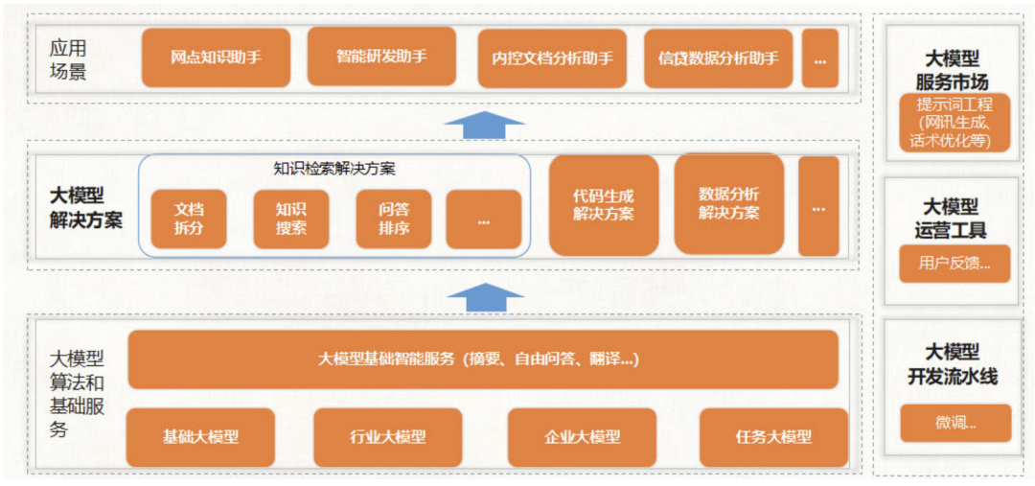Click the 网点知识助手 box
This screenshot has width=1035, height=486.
pos(216,58)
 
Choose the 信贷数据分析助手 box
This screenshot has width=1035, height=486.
pos(718,58)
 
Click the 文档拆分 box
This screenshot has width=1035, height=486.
pos(189,220)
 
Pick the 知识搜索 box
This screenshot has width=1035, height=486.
pos(290,220)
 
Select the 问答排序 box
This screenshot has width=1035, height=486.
pos(394,220)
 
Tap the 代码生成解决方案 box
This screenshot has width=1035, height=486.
pos(604,205)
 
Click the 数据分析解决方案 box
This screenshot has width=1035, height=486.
pos(729,203)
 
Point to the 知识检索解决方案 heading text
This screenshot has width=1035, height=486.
pos(334,169)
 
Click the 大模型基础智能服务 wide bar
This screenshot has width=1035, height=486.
pos(483,359)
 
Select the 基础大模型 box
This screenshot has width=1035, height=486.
pos(200,437)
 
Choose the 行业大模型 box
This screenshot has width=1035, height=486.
pos(387,437)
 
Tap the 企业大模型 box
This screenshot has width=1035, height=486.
pos(582,437)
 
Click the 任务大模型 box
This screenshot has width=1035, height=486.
pos(773,437)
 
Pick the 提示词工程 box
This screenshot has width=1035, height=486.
pos(954,123)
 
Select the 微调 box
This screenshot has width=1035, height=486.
pos(954,423)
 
